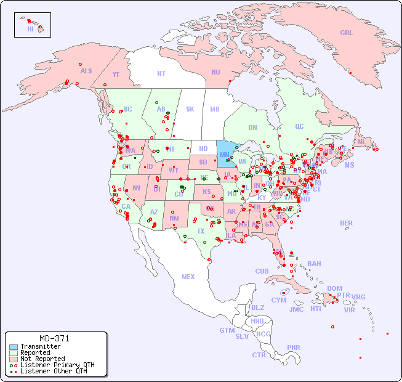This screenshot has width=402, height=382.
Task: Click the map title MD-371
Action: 54,338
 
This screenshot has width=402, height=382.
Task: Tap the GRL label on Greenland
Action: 347,33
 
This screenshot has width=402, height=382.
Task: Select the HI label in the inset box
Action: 30,29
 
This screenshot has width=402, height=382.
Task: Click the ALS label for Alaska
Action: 86,71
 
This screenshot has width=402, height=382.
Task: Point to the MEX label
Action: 188,277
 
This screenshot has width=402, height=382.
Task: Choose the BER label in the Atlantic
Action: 347,223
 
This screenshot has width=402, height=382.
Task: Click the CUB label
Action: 262,271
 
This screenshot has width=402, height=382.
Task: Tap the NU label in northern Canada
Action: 215,72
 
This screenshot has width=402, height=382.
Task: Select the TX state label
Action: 201,231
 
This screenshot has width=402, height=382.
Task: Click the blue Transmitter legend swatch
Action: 13,347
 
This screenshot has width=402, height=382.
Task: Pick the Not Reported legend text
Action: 42,359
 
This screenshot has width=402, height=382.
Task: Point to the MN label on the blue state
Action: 224,155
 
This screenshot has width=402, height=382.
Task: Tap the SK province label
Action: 190,109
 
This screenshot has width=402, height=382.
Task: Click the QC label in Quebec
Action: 299,126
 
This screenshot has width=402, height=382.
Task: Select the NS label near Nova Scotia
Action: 349,165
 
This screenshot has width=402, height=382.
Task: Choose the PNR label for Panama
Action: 294,347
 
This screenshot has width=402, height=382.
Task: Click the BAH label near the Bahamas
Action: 314,264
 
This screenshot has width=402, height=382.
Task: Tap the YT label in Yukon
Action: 116,75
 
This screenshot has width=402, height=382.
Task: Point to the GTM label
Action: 227,330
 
